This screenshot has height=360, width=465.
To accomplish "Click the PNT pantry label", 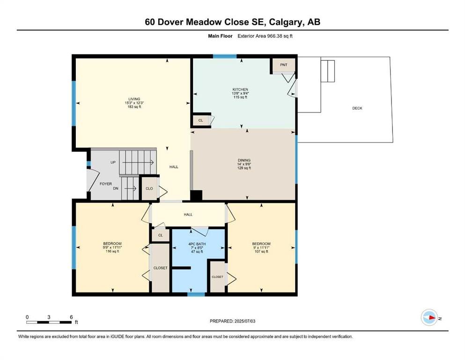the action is (283, 65).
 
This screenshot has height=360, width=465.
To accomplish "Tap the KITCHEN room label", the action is (240, 90).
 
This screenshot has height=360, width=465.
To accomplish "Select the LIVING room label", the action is (134, 99).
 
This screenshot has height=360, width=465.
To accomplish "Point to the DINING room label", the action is (244, 160).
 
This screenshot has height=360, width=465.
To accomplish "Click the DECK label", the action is (357, 108).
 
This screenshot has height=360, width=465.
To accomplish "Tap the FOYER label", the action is (105, 184).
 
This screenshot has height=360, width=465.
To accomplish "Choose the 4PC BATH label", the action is (197, 244).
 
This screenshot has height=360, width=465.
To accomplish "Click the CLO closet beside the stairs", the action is (149, 188).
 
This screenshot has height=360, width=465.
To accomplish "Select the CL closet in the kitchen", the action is (201, 120).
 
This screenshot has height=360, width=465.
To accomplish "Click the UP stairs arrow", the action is (138, 162).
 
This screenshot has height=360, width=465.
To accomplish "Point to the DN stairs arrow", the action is (131, 188).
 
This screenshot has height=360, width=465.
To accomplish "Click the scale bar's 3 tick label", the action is (49, 317).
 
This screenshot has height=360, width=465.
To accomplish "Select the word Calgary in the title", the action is (285, 22).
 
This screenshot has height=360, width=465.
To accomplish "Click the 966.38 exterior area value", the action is (275, 36).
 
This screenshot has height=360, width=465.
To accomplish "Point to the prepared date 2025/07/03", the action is (244, 321).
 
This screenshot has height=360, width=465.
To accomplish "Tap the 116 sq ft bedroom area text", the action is (112, 251).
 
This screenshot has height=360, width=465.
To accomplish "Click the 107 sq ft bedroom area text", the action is (261, 251).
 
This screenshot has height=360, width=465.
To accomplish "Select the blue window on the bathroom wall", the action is (196, 294).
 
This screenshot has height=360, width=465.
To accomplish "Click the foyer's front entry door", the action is (93, 180).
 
